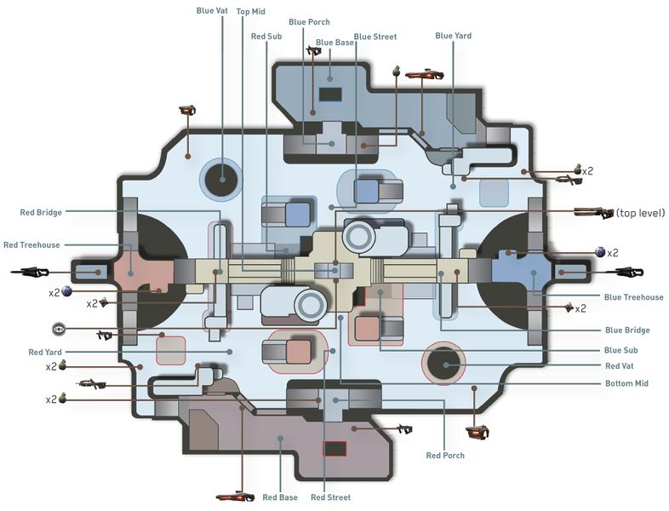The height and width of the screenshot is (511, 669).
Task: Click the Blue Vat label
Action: coord(212,11)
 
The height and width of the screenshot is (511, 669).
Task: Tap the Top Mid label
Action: coord(251,12)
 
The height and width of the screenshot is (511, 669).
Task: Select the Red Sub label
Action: coord(266,37)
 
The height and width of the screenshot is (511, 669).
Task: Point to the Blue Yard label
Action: coord(453,36)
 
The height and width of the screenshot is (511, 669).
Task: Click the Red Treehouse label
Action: coord(31,245)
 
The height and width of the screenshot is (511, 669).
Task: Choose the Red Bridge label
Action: coord(41,212)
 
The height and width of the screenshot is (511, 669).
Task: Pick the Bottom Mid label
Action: coord(626,383)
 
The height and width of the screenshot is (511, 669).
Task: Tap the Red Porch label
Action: coord(445,456)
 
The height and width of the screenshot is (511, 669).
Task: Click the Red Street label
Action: coord(330,497)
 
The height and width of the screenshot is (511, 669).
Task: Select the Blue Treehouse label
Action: coord(633,297)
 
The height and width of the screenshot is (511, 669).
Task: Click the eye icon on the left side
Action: coord(59,329)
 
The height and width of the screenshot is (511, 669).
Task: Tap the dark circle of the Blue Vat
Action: coord(222,180)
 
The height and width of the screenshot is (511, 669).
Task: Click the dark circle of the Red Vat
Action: coord(443,364)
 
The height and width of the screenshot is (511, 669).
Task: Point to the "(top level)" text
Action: coord(640,213)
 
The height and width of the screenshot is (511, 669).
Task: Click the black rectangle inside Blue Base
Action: coord(330,95)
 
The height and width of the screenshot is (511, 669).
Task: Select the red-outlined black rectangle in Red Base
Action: coord(335,449)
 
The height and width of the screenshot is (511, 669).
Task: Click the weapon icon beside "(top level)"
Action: coord(594,212)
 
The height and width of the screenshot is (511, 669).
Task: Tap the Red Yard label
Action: coord(45,353)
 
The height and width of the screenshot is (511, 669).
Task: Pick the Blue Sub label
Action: coord(620,350)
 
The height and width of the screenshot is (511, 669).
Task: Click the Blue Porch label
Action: coord(309,22)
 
